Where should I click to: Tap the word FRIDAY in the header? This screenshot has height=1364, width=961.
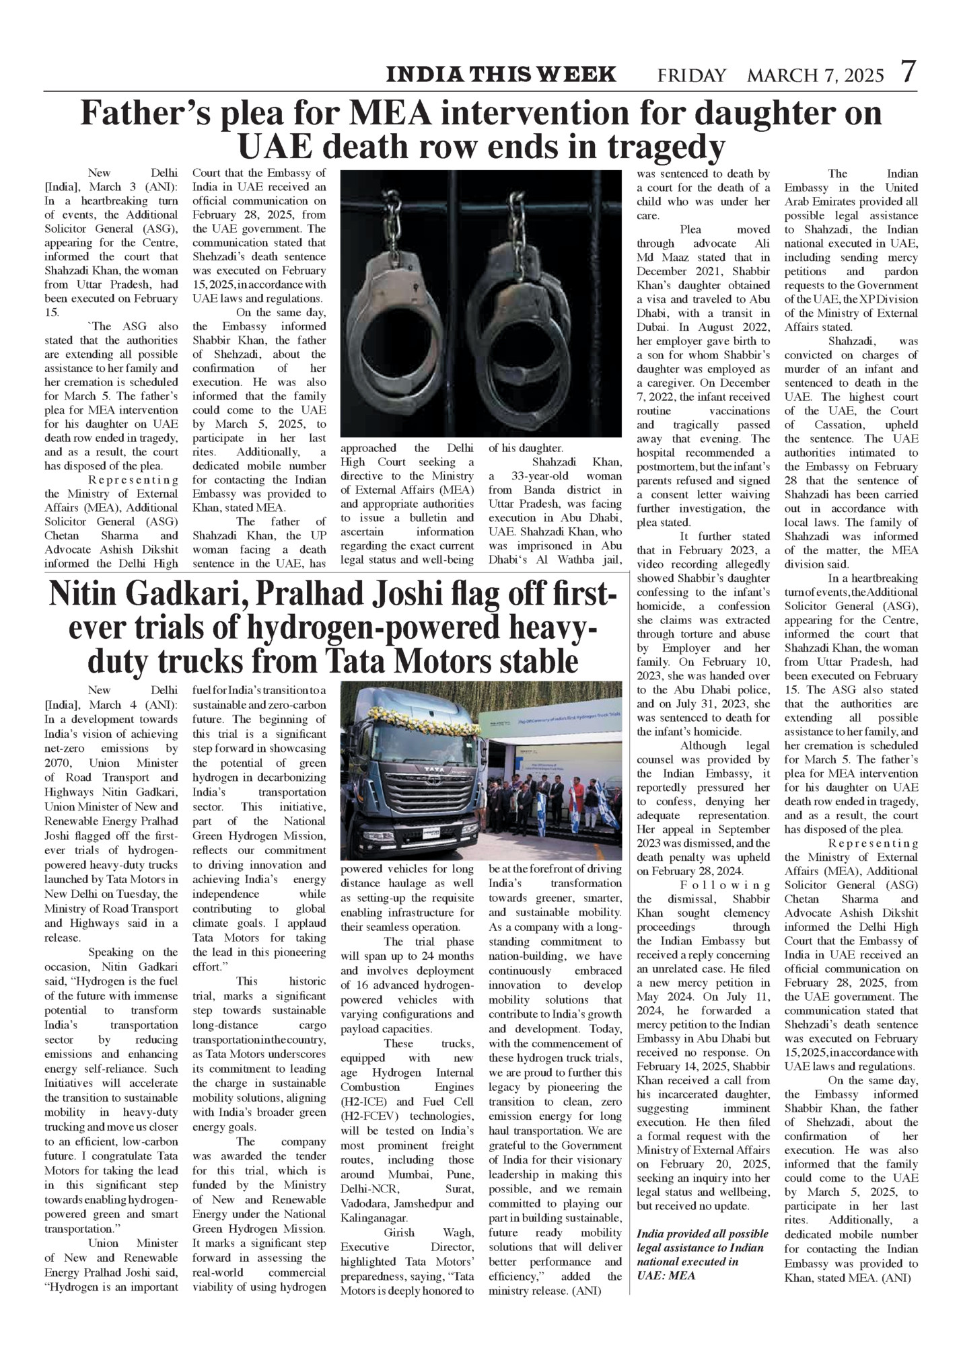coord(692,75)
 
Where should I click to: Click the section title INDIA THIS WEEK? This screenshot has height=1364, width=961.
coord(501,74)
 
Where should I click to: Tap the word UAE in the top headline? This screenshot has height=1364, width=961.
coord(277,146)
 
